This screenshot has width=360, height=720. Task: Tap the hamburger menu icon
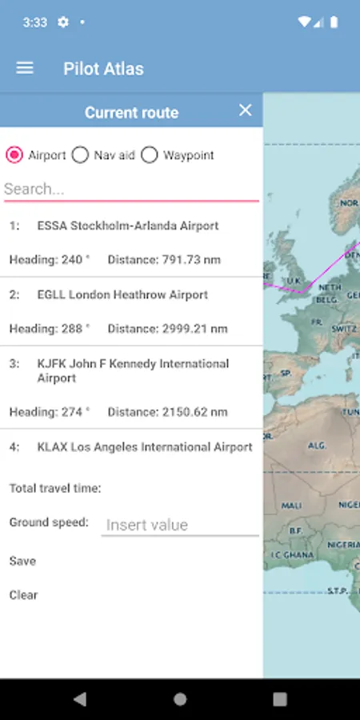click(x=25, y=68)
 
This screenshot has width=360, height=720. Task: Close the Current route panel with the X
click(x=246, y=110)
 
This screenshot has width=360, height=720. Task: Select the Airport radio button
click(x=14, y=155)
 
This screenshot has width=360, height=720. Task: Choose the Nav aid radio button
click(x=80, y=155)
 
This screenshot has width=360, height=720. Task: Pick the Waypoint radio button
click(x=150, y=155)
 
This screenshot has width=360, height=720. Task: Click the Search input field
click(x=131, y=189)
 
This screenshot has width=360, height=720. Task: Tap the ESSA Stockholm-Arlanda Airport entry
click(x=128, y=226)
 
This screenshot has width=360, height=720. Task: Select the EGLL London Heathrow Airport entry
click(x=122, y=295)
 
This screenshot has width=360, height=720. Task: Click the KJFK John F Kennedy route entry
click(x=133, y=370)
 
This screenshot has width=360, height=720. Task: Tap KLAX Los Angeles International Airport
click(x=145, y=447)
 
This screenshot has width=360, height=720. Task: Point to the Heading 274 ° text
click(x=50, y=412)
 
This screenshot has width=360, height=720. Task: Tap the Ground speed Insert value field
click(x=180, y=525)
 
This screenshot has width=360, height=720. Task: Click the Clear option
click(x=23, y=595)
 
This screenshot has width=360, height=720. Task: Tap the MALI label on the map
click(x=291, y=506)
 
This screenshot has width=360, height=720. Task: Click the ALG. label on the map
click(x=318, y=445)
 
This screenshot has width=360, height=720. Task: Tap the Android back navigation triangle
click(x=79, y=699)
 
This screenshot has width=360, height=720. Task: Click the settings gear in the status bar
click(x=63, y=22)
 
